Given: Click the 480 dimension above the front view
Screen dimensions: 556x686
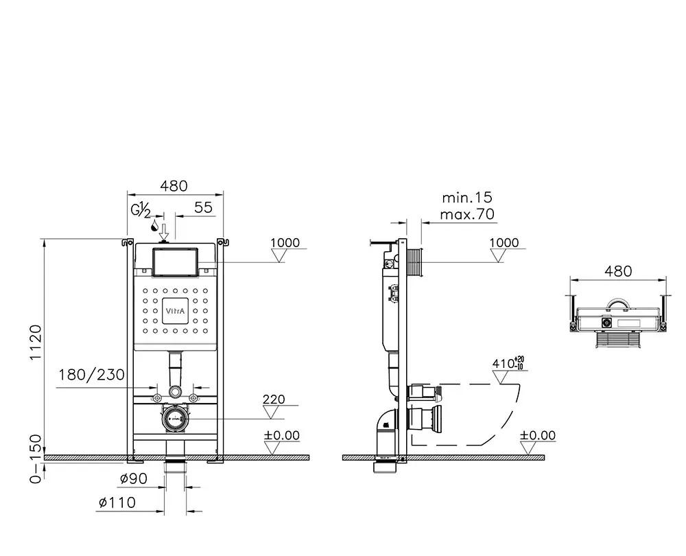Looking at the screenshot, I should coord(174,186).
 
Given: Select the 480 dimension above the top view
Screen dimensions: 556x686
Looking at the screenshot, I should coord(618,271).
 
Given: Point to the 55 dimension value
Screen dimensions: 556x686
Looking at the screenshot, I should coord(203,207).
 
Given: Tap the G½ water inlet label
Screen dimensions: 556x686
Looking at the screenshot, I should coord(141,209).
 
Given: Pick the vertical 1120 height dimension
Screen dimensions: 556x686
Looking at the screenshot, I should coord(36,344).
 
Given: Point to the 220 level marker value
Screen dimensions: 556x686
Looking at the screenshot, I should coord(273,399).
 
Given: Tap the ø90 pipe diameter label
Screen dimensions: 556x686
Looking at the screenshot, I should coord(133,479).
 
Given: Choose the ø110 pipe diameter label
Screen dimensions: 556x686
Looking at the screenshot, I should coord(117,503).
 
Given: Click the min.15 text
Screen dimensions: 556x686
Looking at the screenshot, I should coord(467,198).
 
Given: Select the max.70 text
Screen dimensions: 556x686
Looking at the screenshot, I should coord(468,214).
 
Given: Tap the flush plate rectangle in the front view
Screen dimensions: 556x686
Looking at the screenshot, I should coord(176,262).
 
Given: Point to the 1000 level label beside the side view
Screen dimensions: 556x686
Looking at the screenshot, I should coord(504,243).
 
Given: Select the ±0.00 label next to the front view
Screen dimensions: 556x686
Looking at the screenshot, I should coord(283,435).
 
